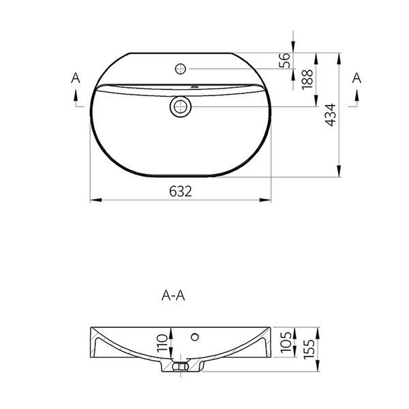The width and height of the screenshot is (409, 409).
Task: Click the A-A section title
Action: coord(173,296)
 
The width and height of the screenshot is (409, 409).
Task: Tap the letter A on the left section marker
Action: coord(76,79)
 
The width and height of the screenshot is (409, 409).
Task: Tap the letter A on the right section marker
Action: coord(356,79)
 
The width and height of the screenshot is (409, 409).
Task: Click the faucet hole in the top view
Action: coord(181,68)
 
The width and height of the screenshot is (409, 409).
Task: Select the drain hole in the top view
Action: coord(181,106)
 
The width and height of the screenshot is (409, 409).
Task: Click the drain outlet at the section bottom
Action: coord(181,367)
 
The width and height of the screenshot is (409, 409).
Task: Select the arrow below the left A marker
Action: coord(73,100)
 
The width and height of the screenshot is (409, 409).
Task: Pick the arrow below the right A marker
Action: coord(353,100)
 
